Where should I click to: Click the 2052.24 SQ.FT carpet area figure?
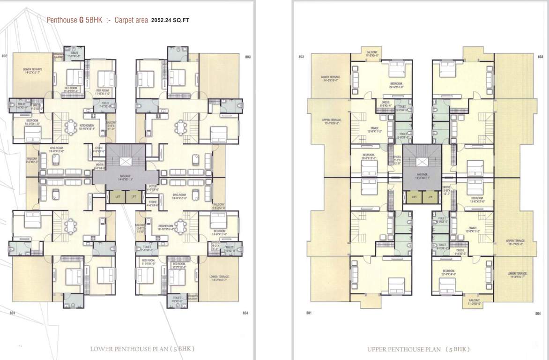(x=171, y=21)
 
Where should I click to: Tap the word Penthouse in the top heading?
(x=62, y=21)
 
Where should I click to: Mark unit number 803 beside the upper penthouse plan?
(x=540, y=57)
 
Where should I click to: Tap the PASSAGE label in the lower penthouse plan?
(x=125, y=177)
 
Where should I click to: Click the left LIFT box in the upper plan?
(x=414, y=198)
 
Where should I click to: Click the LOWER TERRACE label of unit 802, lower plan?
(x=29, y=71)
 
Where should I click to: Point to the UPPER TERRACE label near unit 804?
(x=515, y=242)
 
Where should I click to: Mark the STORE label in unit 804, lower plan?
(x=153, y=203)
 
